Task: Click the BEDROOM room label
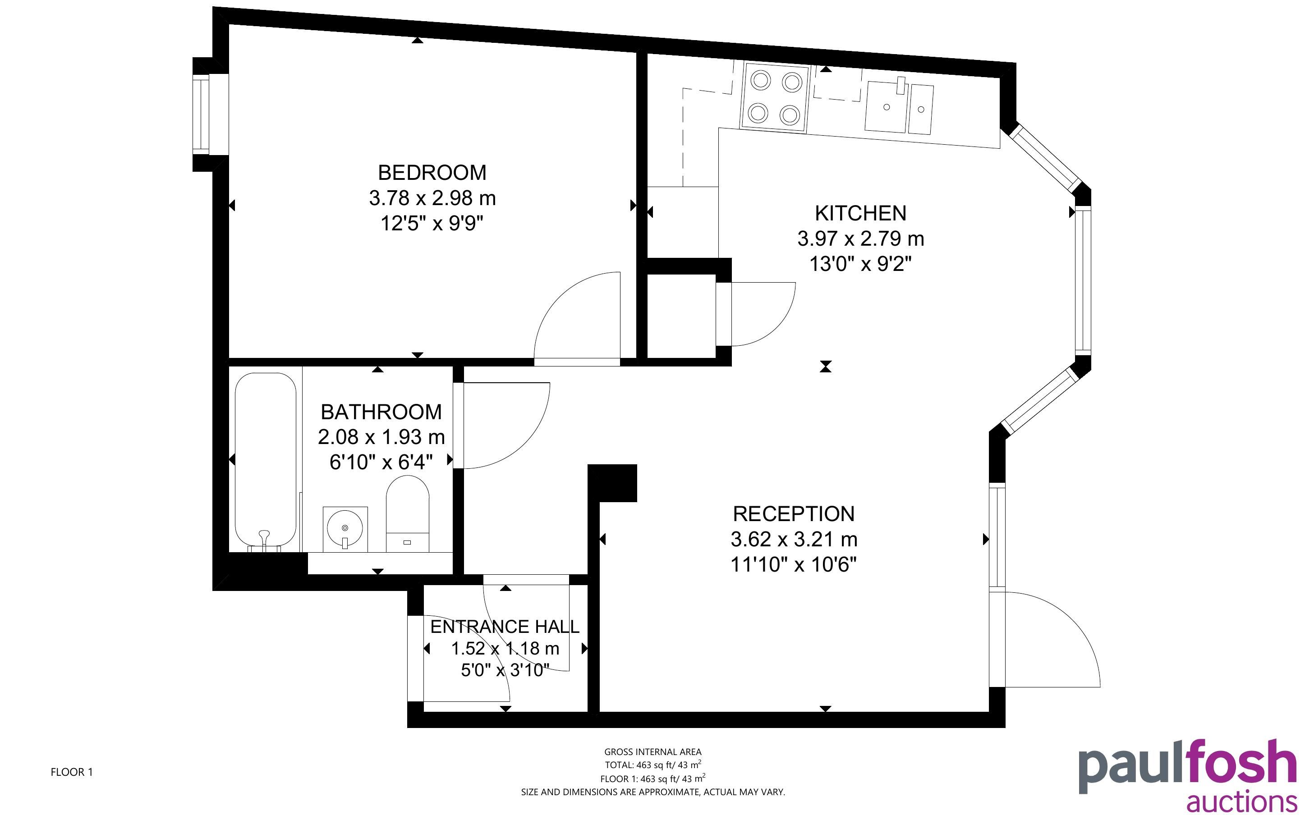432,173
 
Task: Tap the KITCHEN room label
860,214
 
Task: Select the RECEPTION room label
794,514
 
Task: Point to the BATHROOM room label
381,412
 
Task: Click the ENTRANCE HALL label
505,626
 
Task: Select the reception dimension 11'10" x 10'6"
794,564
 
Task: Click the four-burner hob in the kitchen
775,97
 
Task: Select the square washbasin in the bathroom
345,529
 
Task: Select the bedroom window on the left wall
210,114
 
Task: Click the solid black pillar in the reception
612,482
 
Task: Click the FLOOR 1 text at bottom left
72,772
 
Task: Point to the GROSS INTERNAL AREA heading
653,751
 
